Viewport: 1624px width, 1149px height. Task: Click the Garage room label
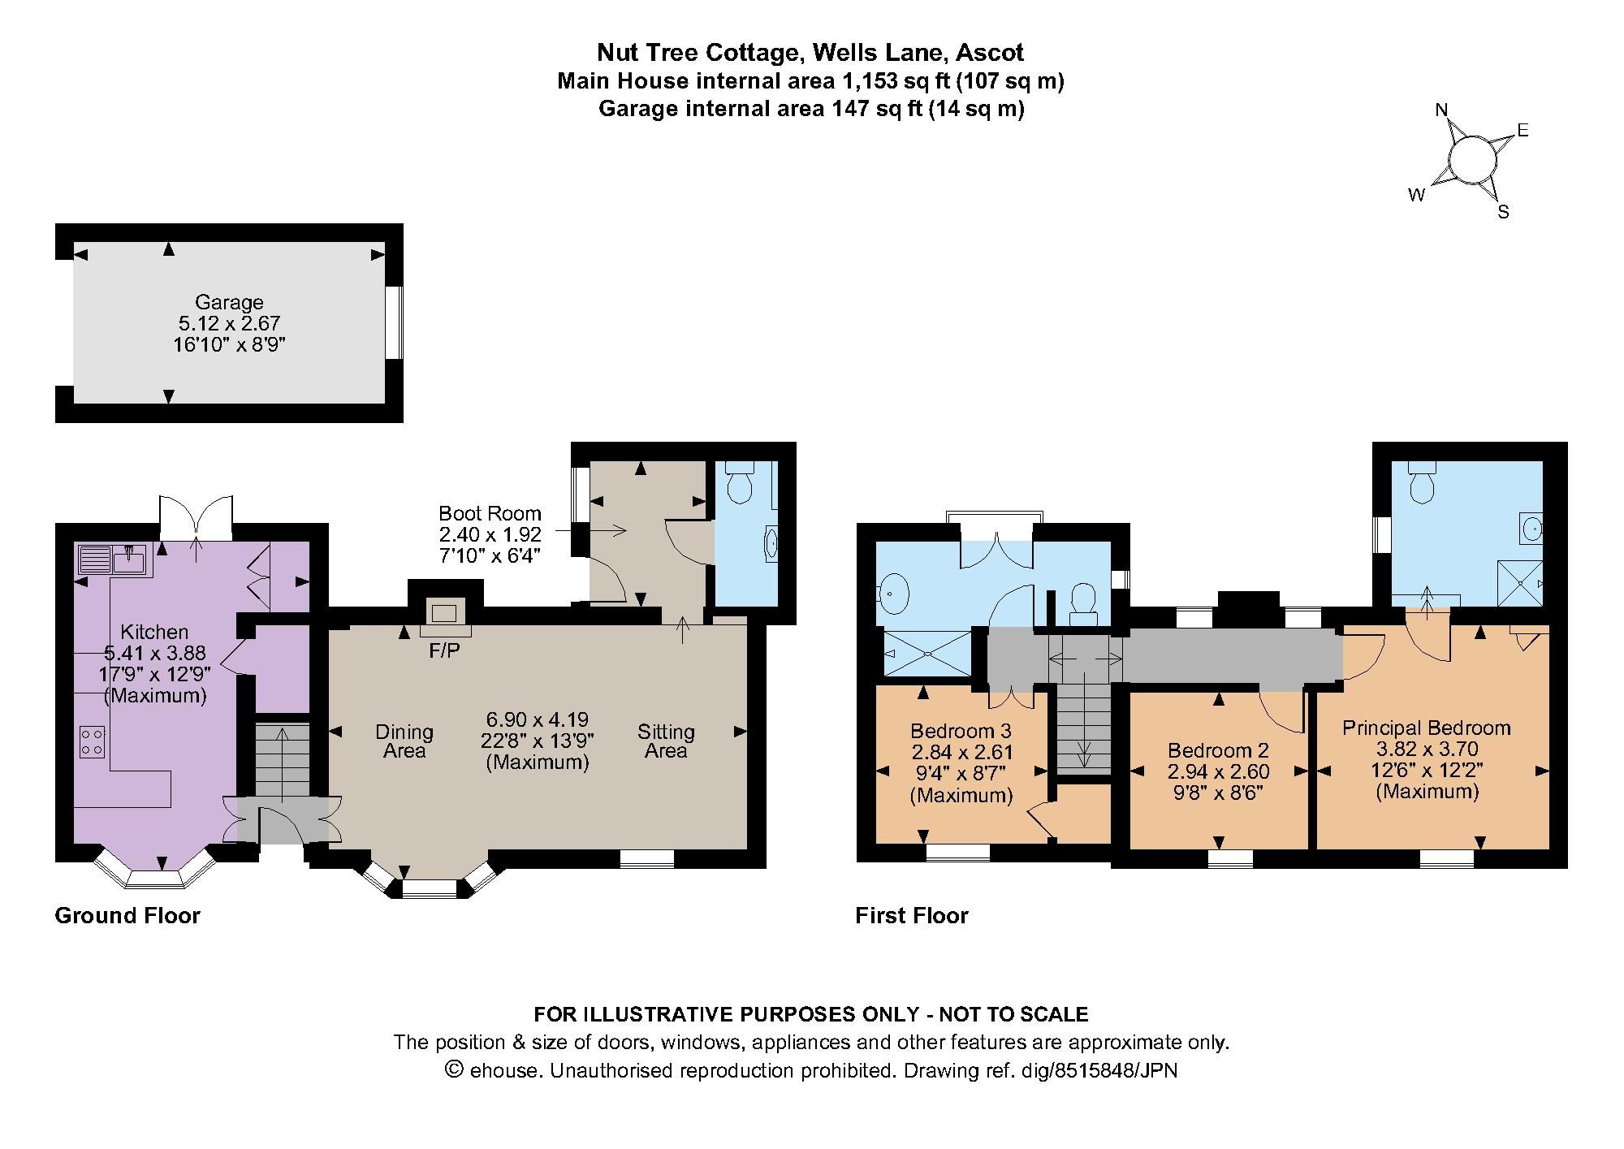tap(228, 302)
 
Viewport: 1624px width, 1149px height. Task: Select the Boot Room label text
tap(490, 513)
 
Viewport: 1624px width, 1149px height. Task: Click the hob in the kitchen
tap(92, 741)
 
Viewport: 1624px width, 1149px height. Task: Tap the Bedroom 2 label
tap(1218, 750)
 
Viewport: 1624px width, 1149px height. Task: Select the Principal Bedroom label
tap(1426, 728)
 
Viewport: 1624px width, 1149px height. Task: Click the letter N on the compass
tap(1442, 110)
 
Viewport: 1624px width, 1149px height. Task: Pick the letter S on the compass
tap(1503, 213)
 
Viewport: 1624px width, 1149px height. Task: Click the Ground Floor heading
tap(127, 916)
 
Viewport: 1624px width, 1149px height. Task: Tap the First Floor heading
tap(912, 916)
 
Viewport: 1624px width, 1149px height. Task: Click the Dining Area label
tap(404, 741)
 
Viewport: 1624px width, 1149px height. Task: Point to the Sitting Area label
tap(666, 741)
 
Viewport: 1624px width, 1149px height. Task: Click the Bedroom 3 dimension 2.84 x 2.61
tap(961, 752)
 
